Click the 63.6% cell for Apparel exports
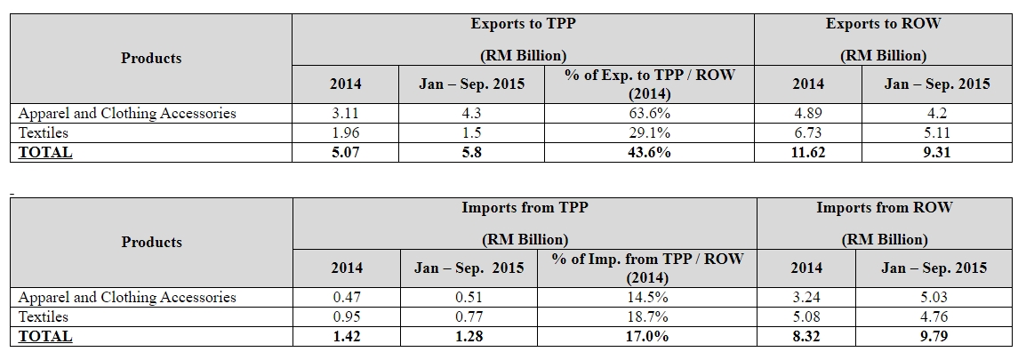point(650,114)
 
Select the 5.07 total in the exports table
point(346,152)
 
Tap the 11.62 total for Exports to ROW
point(807,152)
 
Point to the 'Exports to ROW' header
point(883,24)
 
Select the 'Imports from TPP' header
point(524,208)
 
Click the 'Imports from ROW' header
point(884,208)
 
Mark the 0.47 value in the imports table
point(346,298)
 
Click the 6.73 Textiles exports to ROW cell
point(807,132)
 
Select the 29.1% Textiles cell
point(650,132)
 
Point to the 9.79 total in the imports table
point(933,336)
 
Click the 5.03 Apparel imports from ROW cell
point(933,298)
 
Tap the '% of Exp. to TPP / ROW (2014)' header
point(650,84)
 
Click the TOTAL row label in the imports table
point(45,336)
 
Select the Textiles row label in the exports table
point(44,132)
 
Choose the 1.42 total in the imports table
point(346,336)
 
